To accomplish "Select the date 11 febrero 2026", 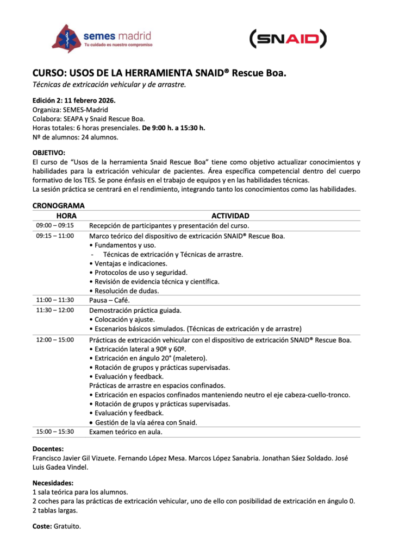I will (x=90, y=100).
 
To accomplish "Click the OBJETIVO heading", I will (x=49, y=153).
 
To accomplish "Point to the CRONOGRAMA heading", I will (x=58, y=206).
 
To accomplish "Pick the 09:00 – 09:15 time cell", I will (x=55, y=225).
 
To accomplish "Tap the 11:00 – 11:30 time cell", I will (x=55, y=300).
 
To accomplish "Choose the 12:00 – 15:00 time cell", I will (x=55, y=340).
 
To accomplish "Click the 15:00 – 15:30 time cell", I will (x=55, y=432).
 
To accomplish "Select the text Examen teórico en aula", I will (x=126, y=432).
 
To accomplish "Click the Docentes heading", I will (x=48, y=449).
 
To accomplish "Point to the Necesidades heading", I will (x=53, y=483).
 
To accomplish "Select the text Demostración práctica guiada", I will (x=135, y=310).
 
